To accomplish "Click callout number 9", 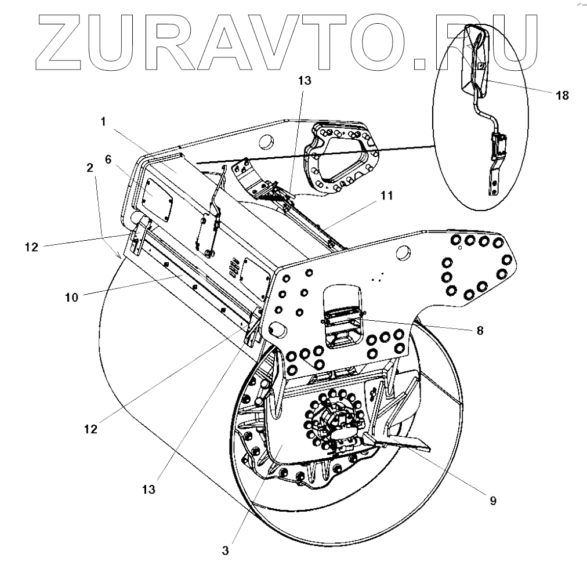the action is click(x=492, y=500).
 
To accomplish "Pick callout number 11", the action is click(x=386, y=197).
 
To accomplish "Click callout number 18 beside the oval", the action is click(x=561, y=95).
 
